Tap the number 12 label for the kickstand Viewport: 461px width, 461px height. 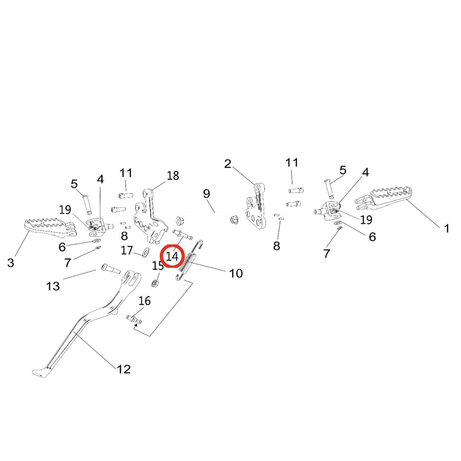tap(124, 369)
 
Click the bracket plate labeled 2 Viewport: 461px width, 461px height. tap(255, 207)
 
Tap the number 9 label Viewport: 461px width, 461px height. tap(206, 193)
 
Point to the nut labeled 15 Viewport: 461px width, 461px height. tap(156, 282)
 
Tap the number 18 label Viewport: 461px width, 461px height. tap(173, 176)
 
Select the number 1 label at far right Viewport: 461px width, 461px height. tap(446, 228)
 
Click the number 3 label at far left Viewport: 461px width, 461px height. tap(11, 263)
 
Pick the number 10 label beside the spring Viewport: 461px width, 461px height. tap(236, 273)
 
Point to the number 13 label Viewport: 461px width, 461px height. tap(53, 286)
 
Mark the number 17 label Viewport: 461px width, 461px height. tap(127, 251)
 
